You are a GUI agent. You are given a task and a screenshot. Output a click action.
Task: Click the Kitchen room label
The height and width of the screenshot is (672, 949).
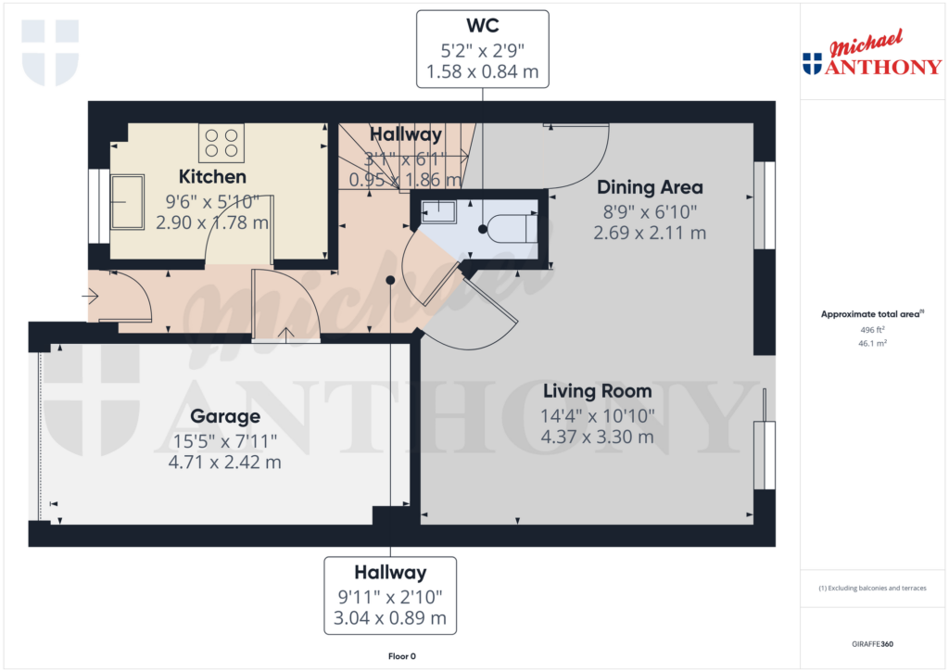[x=212, y=176]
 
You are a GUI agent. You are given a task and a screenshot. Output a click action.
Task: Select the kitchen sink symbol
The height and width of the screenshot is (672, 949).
[x=128, y=201]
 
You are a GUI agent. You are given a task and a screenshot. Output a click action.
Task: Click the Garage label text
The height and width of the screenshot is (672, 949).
[x=225, y=416]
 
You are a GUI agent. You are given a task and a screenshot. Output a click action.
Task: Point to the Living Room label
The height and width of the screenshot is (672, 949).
[x=598, y=391]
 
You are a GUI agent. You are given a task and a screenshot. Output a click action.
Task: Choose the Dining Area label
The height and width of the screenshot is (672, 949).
[x=650, y=187]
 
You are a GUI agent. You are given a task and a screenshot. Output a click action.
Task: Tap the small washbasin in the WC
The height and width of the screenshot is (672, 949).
[x=437, y=211]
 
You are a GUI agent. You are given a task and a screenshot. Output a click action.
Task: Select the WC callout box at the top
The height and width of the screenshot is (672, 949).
[x=482, y=48]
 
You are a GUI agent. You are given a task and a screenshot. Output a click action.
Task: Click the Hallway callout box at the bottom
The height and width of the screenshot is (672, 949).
[x=389, y=595]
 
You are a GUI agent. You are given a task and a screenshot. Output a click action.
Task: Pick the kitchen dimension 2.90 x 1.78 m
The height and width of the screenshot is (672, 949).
[x=212, y=222]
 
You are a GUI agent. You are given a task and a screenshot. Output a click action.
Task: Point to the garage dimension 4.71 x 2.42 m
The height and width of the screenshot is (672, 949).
[x=225, y=462]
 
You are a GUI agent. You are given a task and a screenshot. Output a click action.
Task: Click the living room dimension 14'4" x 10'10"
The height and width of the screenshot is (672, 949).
[x=598, y=415]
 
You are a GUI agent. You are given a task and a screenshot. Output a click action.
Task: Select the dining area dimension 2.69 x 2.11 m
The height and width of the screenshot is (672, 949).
[x=650, y=233]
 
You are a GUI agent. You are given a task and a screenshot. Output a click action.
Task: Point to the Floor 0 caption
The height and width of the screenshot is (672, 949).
[x=401, y=656]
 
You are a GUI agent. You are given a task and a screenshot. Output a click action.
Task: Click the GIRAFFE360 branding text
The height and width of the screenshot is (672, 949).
[x=873, y=643]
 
